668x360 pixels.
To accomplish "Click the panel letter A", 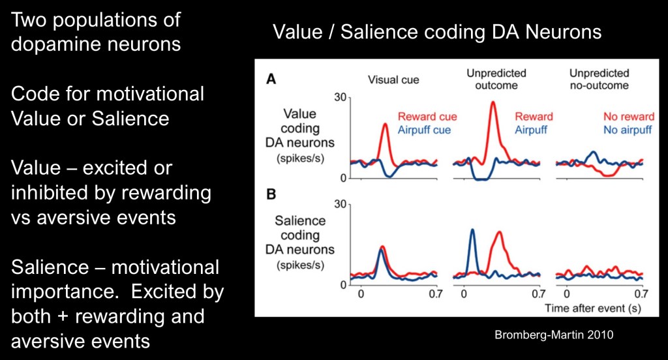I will pos(269,80).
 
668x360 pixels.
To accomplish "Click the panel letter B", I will pos(269,192).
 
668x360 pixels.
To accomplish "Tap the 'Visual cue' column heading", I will pos(393,80).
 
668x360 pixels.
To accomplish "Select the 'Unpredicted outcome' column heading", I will pos(496,80).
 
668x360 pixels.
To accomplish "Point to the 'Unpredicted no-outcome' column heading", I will pos(599,80).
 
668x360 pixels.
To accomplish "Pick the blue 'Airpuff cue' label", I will pos(424,129).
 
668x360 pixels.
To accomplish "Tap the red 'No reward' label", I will pos(628,117).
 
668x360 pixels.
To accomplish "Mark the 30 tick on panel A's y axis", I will pos(337,97).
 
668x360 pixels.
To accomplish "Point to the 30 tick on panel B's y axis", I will pos(337,204).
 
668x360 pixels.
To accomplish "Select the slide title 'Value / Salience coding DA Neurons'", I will pos(437,31).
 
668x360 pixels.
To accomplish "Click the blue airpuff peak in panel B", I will pos(471,230).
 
